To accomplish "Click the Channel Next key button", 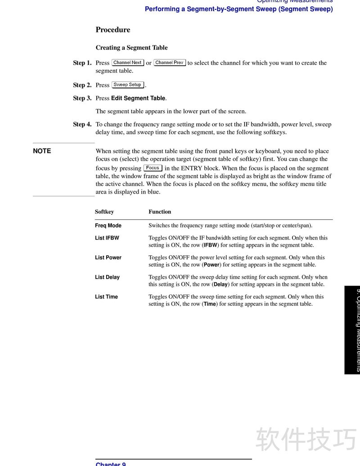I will coord(128,63).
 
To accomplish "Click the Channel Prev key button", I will coord(170,63).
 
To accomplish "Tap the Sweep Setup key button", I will coord(128,85).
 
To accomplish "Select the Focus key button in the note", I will coord(153,168).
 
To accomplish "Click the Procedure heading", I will coord(112,30).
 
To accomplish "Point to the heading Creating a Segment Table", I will coord(131,48).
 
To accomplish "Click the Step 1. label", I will coord(82,63).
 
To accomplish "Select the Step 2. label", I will coord(82,85).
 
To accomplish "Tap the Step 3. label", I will coord(82,98).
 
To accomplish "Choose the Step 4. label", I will coord(82,124).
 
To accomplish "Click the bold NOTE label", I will coord(42,151).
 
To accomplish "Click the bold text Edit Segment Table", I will coord(138,98).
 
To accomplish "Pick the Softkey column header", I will coord(104,212).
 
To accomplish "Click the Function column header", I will coord(160,212).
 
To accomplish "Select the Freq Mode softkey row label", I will coord(108,226).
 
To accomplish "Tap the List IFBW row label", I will coord(107,238).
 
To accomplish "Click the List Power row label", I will coord(108,258).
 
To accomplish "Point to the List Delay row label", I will coord(107,277).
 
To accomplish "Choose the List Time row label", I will coord(106,297).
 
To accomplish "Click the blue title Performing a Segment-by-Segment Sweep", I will coord(238,9).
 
